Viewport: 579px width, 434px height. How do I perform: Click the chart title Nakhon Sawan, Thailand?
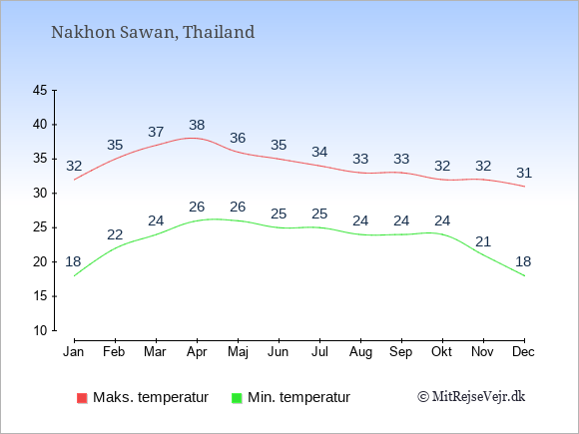[x=153, y=33]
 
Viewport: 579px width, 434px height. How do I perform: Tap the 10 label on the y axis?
[x=40, y=330]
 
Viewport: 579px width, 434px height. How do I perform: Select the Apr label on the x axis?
[x=197, y=352]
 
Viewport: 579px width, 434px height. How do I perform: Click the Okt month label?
[x=441, y=352]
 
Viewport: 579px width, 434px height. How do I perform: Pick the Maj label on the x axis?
[x=238, y=352]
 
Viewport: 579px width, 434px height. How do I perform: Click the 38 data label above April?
[x=197, y=125]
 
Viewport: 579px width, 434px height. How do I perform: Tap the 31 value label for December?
[x=524, y=173]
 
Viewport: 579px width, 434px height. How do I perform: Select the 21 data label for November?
[x=483, y=242]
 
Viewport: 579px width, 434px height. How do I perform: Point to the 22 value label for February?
[x=115, y=234]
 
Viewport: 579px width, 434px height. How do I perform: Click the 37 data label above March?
[x=156, y=132]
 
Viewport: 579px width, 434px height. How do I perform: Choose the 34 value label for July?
[x=319, y=152]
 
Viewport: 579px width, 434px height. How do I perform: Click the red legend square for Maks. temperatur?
[x=82, y=398]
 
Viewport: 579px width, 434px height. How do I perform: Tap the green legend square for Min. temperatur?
[x=237, y=398]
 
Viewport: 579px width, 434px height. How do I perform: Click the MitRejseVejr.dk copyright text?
[x=471, y=397]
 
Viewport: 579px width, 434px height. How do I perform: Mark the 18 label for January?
[x=73, y=261]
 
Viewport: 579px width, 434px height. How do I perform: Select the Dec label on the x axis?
[x=523, y=352]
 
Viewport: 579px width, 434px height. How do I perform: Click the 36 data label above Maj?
[x=238, y=139]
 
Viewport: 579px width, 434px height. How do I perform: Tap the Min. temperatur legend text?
[x=298, y=397]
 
